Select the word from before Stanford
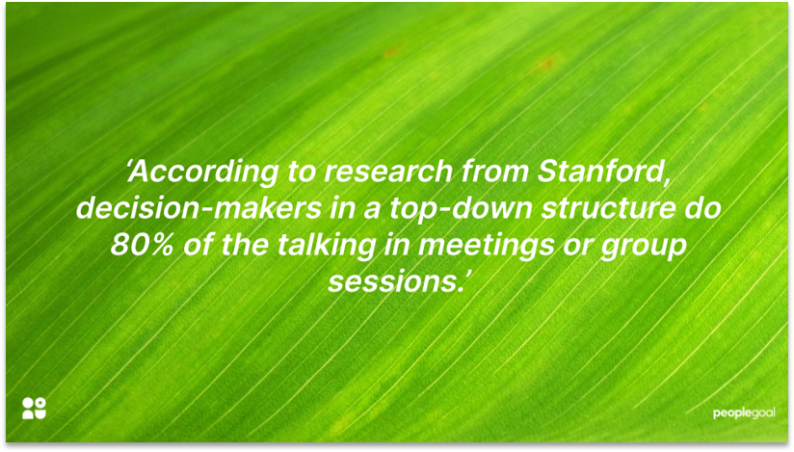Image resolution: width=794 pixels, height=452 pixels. coord(497,173)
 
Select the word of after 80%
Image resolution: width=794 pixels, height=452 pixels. coord(191,245)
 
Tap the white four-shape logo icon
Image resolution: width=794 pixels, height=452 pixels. coord(34,408)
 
